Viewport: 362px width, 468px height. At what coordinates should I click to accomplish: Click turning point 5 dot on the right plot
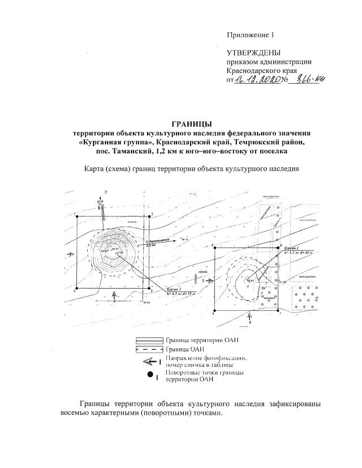pyautogui.click(x=215, y=247)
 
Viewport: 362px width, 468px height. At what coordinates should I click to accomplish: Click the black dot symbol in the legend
pyautogui.click(x=150, y=375)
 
